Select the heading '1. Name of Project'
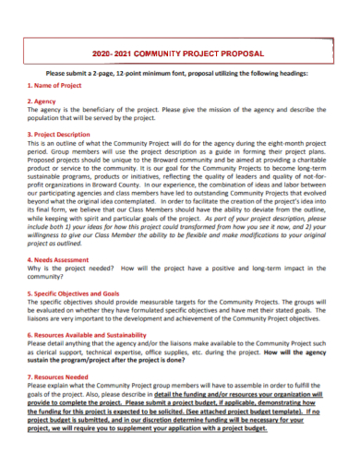pos(54,85)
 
